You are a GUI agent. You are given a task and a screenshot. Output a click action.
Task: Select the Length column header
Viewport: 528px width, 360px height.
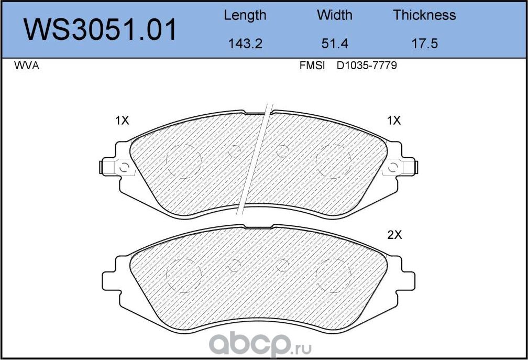(x=245, y=15)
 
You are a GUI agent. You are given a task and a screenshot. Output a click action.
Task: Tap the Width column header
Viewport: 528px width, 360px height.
(x=335, y=15)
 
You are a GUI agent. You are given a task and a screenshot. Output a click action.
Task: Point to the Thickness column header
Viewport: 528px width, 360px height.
(x=424, y=15)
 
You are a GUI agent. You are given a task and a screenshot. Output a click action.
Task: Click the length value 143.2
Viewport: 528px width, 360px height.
(x=245, y=44)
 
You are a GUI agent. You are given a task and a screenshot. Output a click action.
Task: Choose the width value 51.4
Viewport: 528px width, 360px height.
(x=335, y=44)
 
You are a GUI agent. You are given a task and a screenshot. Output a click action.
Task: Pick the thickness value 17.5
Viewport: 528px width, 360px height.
(x=424, y=44)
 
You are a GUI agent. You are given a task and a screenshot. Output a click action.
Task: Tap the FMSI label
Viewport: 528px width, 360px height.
(x=312, y=66)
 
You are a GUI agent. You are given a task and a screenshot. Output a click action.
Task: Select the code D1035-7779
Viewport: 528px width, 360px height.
(x=366, y=66)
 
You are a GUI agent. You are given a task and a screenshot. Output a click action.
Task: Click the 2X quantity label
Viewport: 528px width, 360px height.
(x=394, y=235)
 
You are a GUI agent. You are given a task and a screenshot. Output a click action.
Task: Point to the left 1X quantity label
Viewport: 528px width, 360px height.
(x=122, y=121)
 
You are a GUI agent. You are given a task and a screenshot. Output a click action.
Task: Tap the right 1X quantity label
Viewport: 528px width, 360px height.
(x=393, y=121)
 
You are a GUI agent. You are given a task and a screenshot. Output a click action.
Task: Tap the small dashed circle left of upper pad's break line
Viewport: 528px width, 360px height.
(x=235, y=151)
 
